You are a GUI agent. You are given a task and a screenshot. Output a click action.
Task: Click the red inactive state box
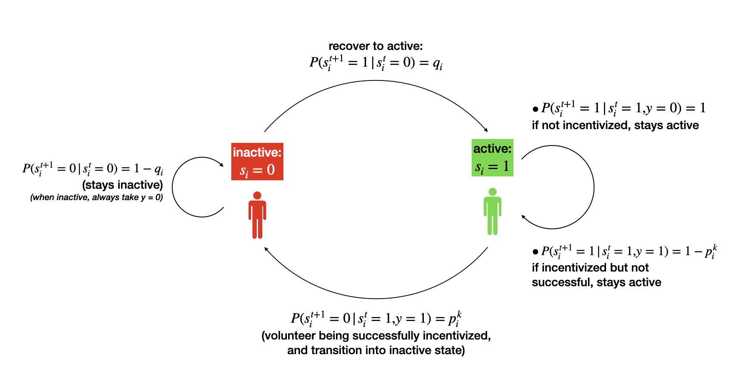pyautogui.click(x=257, y=161)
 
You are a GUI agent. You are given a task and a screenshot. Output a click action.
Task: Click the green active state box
pyautogui.click(x=492, y=157)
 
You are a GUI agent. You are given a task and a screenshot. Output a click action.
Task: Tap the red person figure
pyautogui.click(x=257, y=217)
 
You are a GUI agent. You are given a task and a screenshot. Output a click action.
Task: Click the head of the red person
pyautogui.click(x=257, y=196)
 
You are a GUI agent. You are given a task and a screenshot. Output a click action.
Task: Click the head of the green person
pyautogui.click(x=492, y=192)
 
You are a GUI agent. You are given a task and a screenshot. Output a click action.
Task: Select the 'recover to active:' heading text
pyautogui.click(x=376, y=46)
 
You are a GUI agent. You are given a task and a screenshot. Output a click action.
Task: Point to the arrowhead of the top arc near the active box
pyautogui.click(x=486, y=130)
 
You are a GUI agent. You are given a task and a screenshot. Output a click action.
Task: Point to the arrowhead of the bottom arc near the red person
pyautogui.click(x=267, y=249)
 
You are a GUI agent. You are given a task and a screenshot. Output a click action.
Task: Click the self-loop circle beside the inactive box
pyautogui.click(x=173, y=187)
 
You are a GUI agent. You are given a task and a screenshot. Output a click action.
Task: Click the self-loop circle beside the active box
pyautogui.click(x=594, y=187)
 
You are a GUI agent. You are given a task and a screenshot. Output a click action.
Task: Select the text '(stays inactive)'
pyautogui.click(x=122, y=185)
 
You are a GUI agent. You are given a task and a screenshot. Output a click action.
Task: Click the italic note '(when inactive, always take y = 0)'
pyautogui.click(x=96, y=198)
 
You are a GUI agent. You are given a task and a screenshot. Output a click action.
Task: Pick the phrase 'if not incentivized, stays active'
pyautogui.click(x=615, y=125)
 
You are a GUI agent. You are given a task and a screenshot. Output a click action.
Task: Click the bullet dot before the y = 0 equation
pyautogui.click(x=535, y=109)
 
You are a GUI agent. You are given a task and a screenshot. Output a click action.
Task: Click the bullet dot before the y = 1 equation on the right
pyautogui.click(x=535, y=252)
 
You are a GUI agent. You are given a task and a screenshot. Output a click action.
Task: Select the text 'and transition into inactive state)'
pyautogui.click(x=376, y=350)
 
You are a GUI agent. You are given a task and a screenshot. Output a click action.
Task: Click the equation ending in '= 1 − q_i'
pyautogui.click(x=93, y=169)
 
